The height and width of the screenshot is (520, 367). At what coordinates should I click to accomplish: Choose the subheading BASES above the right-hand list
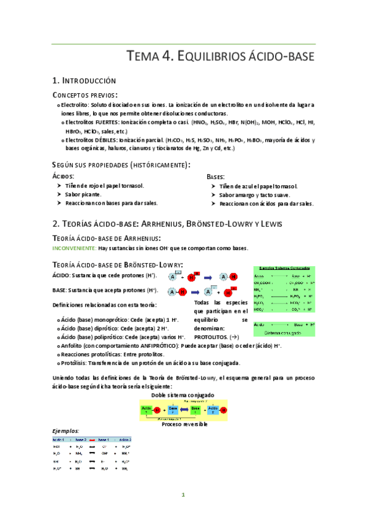216,176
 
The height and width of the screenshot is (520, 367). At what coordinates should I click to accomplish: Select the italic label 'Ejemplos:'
66,431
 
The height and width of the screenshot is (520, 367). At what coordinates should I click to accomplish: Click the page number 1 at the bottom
183,495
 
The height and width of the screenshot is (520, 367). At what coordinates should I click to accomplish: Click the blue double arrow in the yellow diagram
184,410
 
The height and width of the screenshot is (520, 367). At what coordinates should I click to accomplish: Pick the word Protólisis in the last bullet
76,364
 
